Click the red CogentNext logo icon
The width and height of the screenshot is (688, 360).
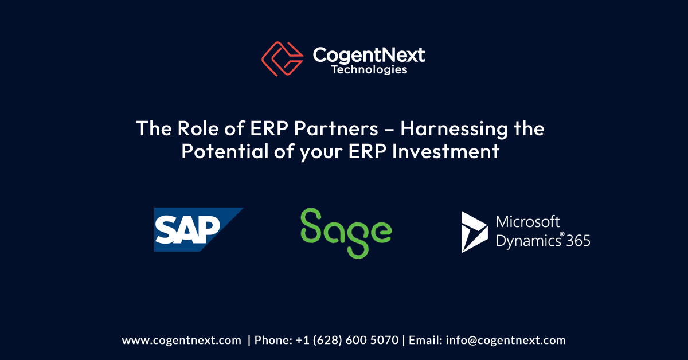pos(282,58)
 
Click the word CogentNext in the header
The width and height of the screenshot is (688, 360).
pos(368,54)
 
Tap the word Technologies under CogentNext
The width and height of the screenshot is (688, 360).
pos(369,70)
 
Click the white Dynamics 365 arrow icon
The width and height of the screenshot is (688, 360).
pos(474,232)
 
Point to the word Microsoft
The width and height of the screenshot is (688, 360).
pos(527,222)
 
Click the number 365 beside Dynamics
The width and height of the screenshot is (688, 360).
pos(578,241)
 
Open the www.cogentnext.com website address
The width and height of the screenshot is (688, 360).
pos(181,340)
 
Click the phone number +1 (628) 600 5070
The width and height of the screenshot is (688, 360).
pos(347,340)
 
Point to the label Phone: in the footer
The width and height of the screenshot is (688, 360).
pos(273,340)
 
